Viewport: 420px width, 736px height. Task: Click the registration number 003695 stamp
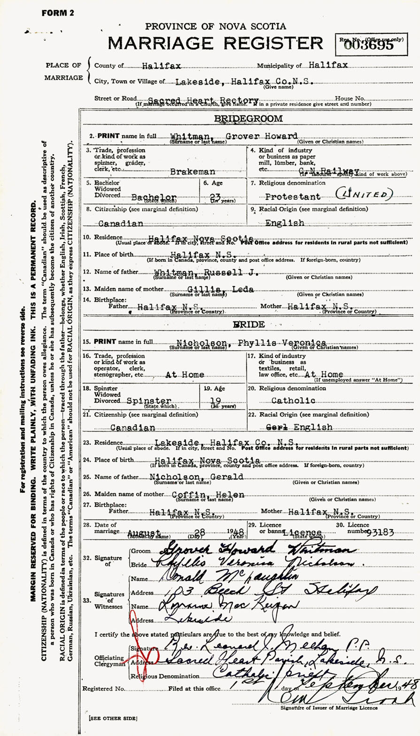click(373, 45)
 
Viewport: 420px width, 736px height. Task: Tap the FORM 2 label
click(58, 13)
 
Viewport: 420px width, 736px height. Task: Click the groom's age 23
click(210, 198)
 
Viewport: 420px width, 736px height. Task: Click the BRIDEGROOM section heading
click(248, 119)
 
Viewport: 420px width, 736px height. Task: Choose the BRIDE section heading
click(248, 325)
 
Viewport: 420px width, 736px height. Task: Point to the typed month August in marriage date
click(144, 532)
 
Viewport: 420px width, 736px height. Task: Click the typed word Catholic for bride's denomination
click(293, 401)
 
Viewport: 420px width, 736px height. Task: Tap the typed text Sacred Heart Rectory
click(203, 100)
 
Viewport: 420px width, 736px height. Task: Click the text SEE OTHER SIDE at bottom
click(112, 719)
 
